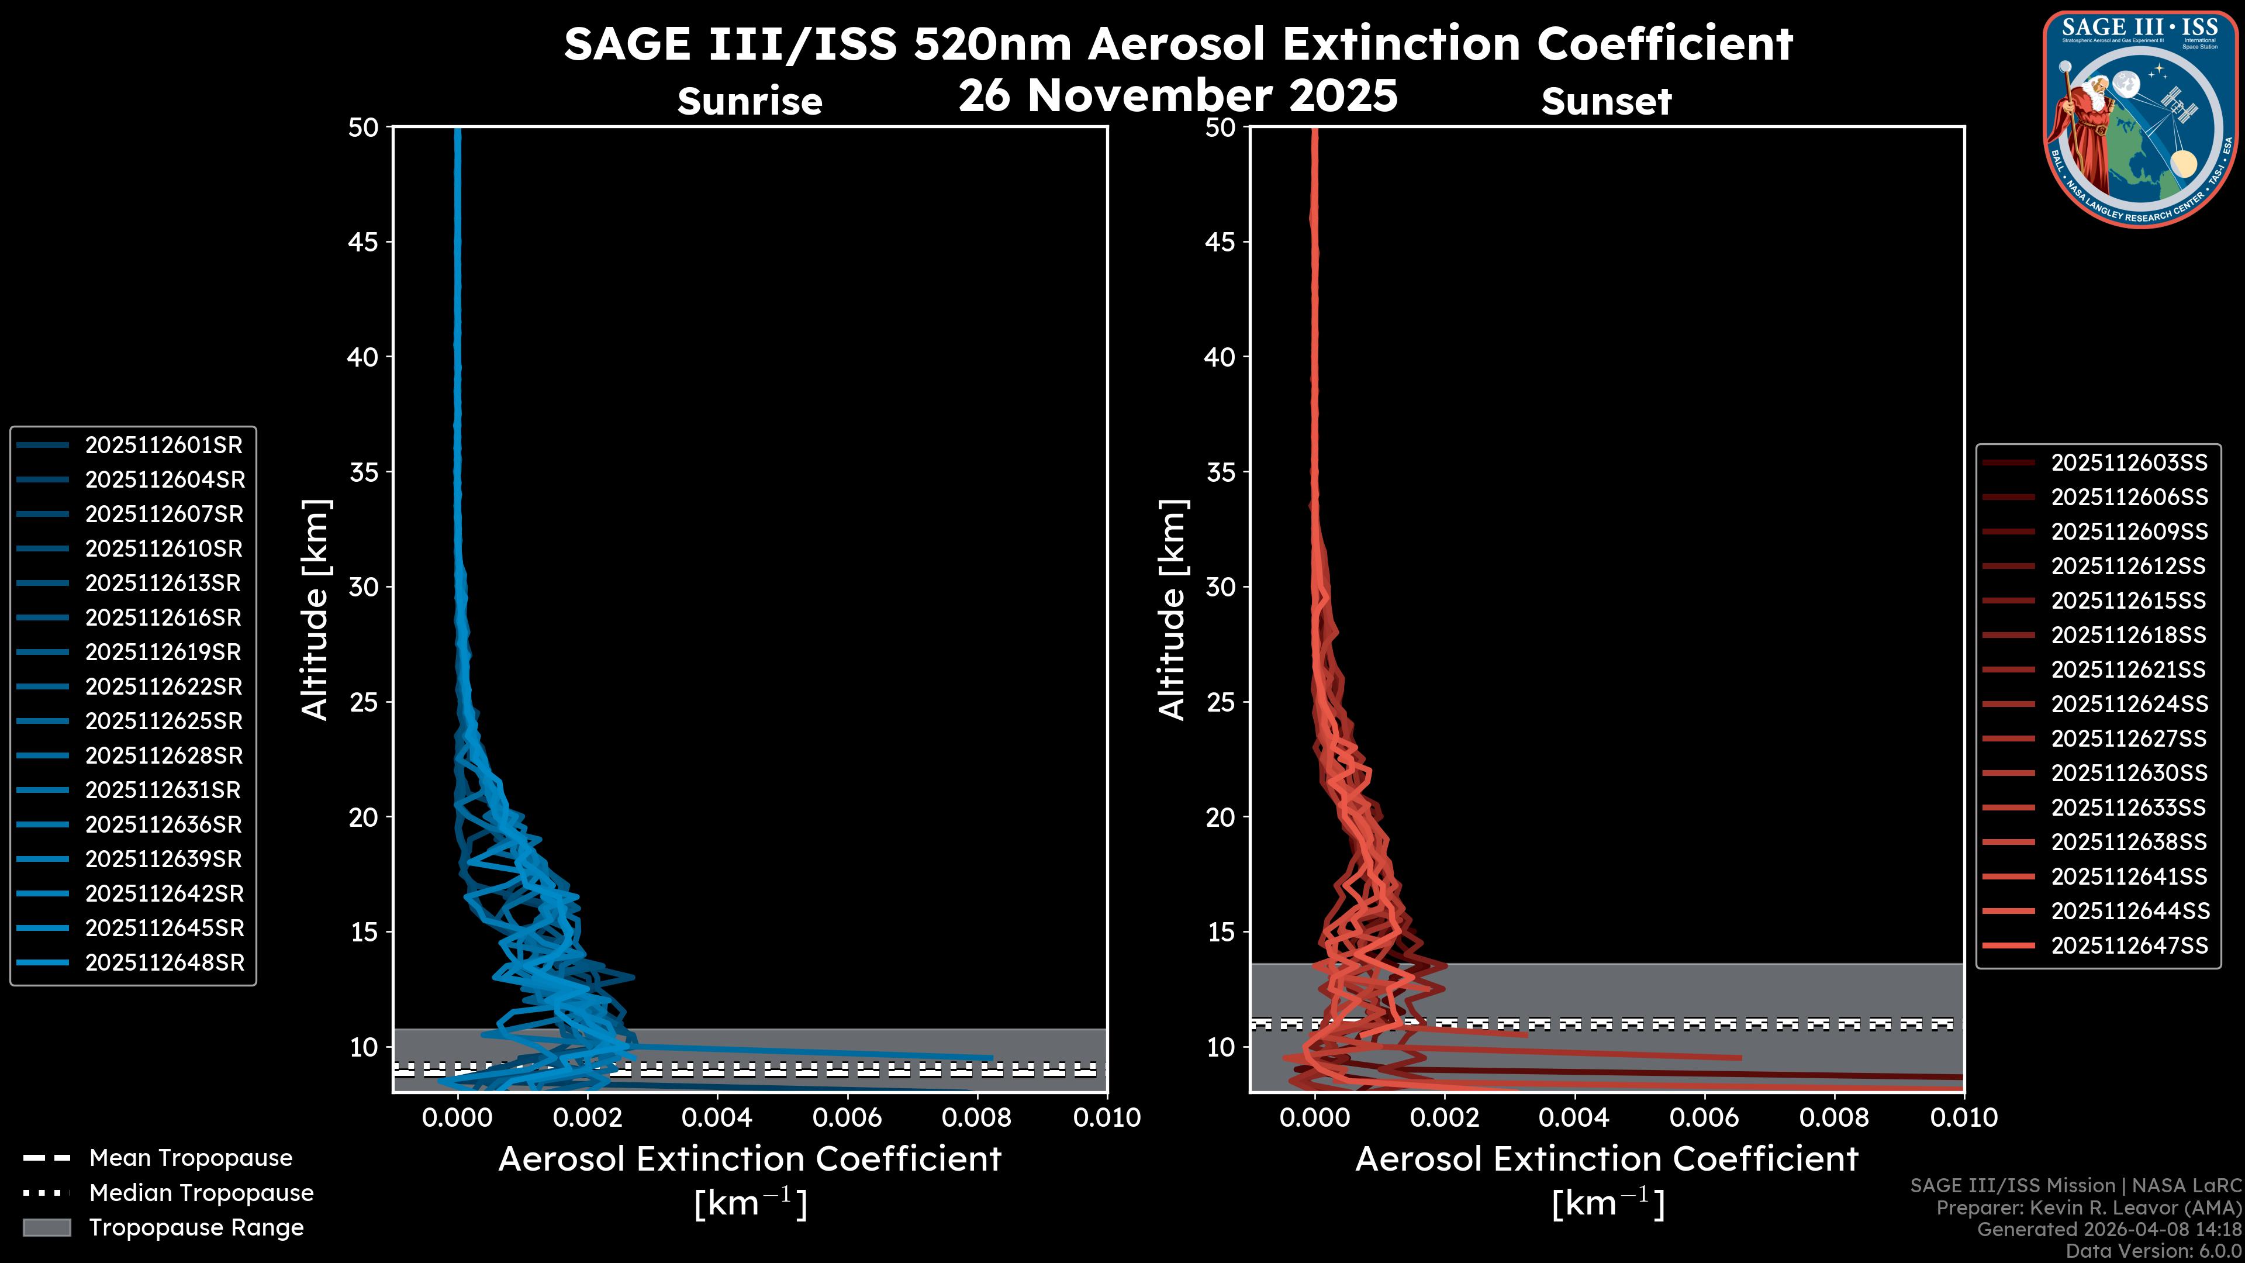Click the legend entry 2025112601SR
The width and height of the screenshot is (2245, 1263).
163,446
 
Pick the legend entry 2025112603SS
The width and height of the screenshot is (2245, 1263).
2128,463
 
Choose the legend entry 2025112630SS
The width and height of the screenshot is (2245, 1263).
2128,773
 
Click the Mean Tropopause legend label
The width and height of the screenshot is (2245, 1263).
191,1158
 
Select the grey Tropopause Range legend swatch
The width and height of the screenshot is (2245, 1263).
46,1227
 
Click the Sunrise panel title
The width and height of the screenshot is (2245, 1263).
750,102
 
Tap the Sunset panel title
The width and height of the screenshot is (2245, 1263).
1606,102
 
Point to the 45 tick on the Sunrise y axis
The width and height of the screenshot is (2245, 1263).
364,241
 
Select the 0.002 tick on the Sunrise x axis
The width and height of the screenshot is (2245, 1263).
588,1117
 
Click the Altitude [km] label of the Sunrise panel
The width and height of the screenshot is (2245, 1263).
316,609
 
